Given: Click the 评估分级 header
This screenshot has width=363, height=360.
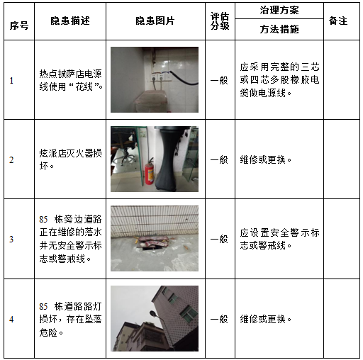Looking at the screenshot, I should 220,21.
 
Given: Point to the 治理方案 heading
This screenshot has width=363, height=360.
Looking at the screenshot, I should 279,12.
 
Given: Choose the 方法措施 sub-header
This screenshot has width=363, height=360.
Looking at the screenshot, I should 279,30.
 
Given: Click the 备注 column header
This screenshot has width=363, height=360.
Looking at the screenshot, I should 338,21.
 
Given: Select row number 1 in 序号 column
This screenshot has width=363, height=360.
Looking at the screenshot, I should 11,80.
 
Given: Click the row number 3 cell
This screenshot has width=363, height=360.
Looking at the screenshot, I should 11,239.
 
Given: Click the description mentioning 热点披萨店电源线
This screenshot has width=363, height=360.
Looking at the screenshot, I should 71,80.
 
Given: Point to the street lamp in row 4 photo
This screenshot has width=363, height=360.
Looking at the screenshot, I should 153,314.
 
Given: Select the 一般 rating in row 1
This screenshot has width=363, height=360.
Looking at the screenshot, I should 220,80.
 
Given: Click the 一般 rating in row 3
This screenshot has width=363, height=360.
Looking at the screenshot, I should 220,239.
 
